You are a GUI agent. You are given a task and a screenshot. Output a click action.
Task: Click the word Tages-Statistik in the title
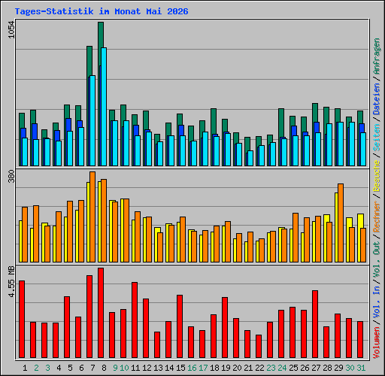tap(54, 11)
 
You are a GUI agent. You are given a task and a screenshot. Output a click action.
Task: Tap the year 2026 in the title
tap(177, 11)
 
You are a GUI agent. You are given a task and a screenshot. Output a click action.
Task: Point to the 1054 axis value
tap(11, 29)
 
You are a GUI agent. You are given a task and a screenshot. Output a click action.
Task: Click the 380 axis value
tap(11, 176)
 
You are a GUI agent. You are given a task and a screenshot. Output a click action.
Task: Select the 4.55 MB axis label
tap(11, 282)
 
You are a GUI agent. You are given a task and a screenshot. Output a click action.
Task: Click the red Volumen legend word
tap(377, 343)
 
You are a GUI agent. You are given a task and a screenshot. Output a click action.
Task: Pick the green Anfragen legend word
tap(377, 56)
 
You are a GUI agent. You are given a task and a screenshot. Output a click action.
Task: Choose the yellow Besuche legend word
tap(377, 176)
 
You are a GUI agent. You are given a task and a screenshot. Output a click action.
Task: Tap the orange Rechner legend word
tap(377, 217)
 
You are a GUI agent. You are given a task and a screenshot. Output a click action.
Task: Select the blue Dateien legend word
tap(377, 99)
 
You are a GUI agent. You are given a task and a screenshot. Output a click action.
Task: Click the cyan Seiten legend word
tap(377, 138)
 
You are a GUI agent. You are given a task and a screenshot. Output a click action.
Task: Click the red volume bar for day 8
tap(101, 313)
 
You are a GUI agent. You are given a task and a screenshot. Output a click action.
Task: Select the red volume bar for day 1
tap(22, 319)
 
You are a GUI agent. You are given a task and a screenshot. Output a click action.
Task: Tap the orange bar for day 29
tap(341, 223)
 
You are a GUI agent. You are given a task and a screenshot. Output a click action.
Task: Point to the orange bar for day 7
tap(92, 217)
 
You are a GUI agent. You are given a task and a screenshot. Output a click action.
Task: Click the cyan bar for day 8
tap(104, 107)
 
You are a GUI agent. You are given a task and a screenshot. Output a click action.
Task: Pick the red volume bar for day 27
tap(315, 324)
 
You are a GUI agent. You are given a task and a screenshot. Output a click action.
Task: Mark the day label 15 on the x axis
tap(180, 368)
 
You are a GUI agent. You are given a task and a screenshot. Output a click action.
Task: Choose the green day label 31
tap(361, 368)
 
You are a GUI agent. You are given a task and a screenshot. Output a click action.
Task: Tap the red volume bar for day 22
tap(259, 346)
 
